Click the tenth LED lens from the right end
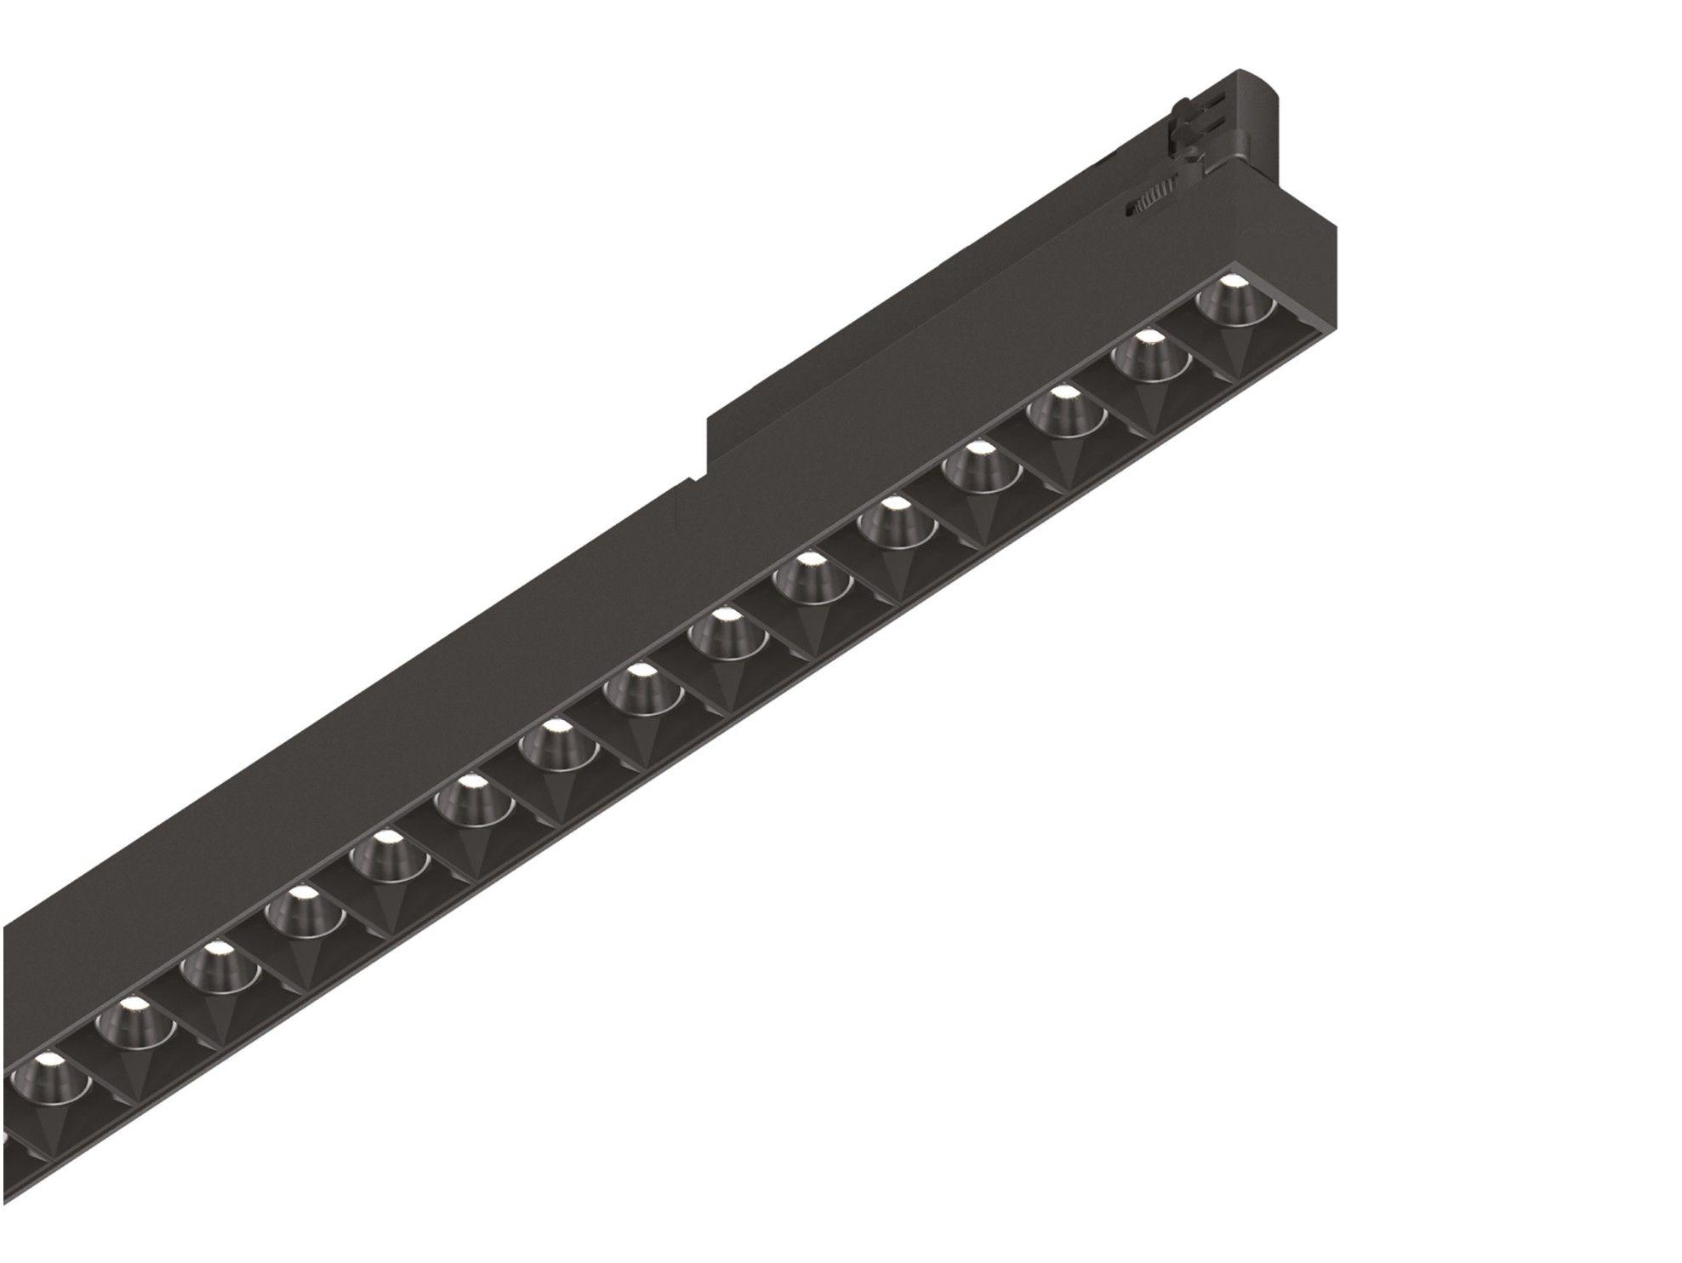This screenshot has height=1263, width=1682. pos(470,795)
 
